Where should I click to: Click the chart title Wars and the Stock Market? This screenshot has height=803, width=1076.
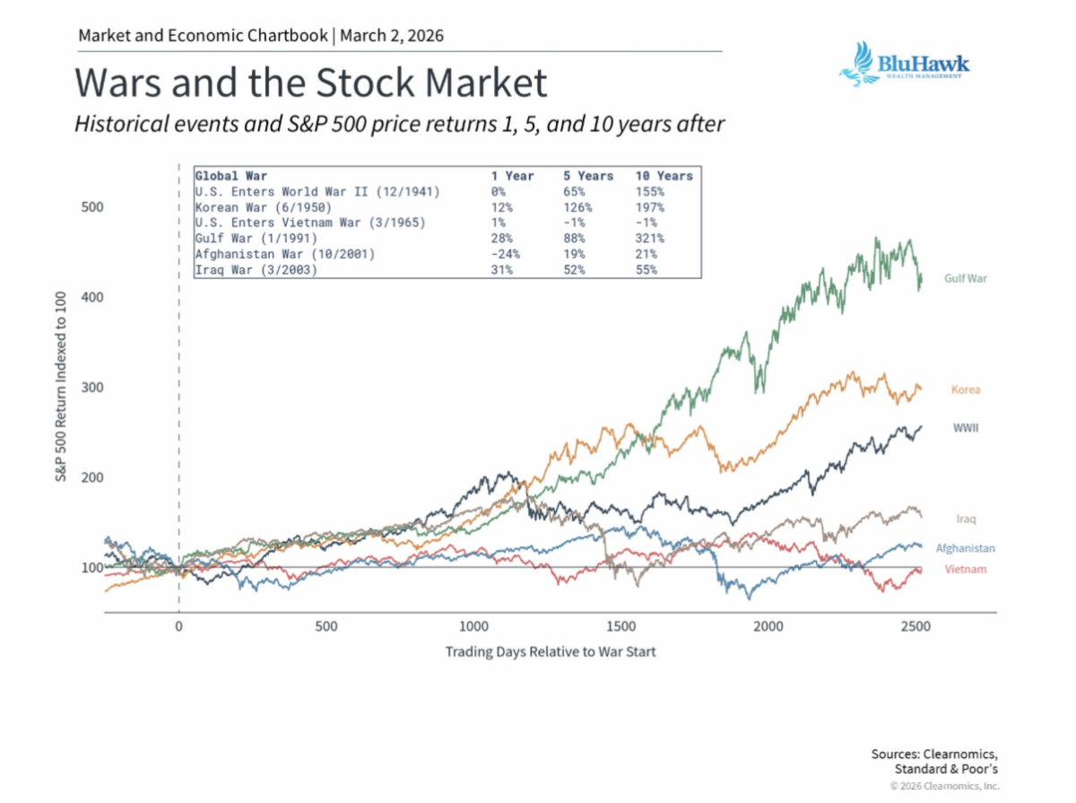310,83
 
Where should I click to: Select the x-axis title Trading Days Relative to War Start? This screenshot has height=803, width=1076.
551,651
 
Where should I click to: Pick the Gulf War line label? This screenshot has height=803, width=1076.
965,279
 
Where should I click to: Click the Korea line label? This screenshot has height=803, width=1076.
965,390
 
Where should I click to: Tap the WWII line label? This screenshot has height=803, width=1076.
965,428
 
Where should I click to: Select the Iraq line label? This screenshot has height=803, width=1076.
966,519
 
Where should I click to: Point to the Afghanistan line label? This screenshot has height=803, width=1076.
965,548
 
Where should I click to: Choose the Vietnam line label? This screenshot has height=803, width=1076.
965,570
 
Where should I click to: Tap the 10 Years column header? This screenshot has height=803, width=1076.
663,176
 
